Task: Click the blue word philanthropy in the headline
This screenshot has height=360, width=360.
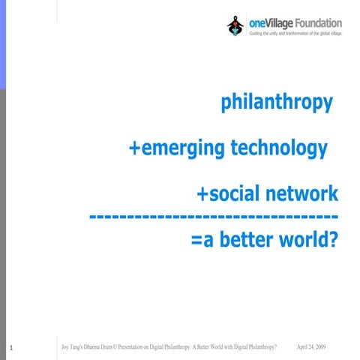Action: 277,103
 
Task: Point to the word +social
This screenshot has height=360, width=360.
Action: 226,194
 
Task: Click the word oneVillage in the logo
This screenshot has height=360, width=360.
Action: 266,23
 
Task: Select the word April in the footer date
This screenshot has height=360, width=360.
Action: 304,346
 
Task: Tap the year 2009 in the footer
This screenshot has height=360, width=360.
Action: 320,346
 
